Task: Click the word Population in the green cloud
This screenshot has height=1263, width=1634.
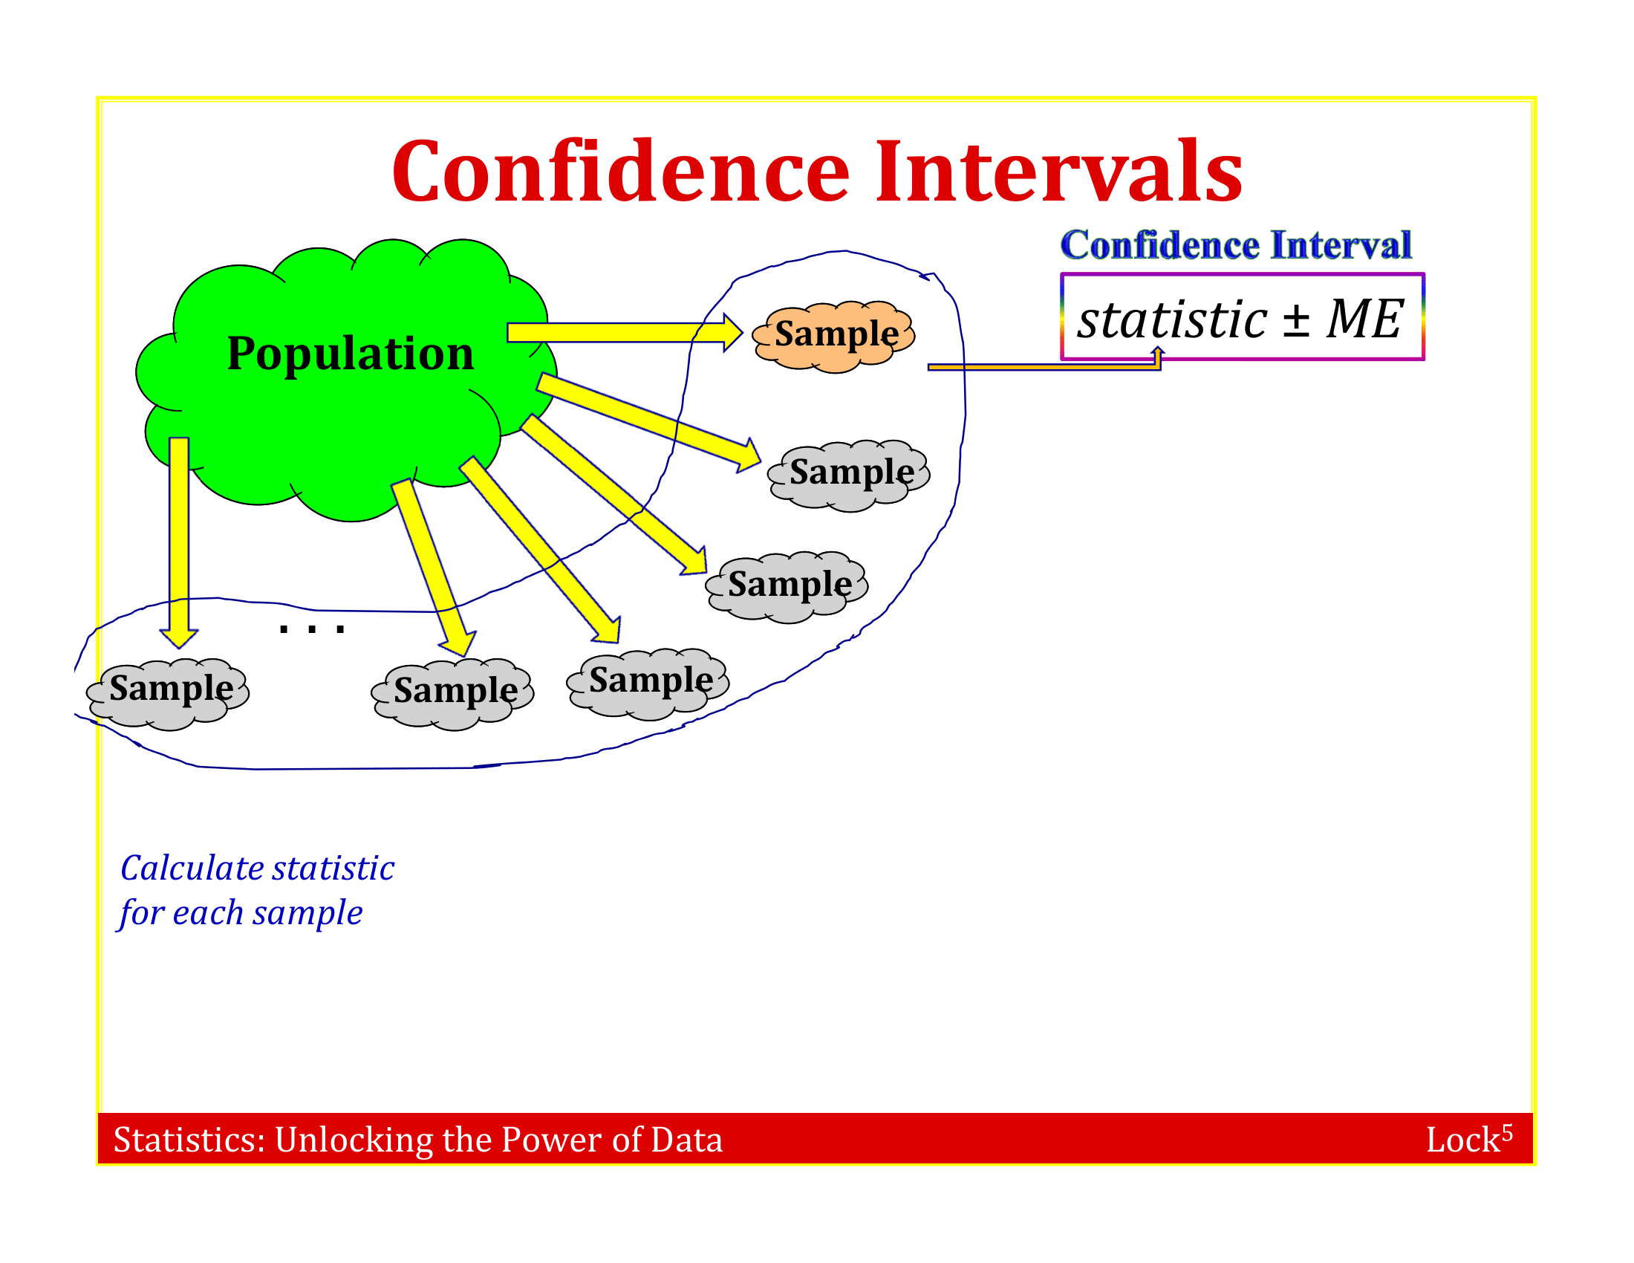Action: coord(350,353)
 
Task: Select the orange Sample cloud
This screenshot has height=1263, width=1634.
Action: coord(833,337)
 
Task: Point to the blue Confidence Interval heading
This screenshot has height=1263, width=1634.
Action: coord(1236,244)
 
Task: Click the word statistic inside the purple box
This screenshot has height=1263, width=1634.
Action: coord(1172,319)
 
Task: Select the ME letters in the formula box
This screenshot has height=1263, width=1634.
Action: coord(1364,319)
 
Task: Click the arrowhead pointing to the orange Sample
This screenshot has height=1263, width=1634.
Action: coord(732,332)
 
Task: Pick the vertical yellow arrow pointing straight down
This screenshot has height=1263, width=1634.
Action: coord(179,542)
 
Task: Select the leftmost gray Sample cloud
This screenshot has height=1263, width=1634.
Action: coord(168,695)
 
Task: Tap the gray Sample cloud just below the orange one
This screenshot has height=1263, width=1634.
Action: coord(848,476)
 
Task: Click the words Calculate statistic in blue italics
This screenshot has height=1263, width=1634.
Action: coord(258,868)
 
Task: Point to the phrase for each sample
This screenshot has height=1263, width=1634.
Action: coord(240,914)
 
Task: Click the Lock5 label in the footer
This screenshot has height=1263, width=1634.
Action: coord(1468,1138)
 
